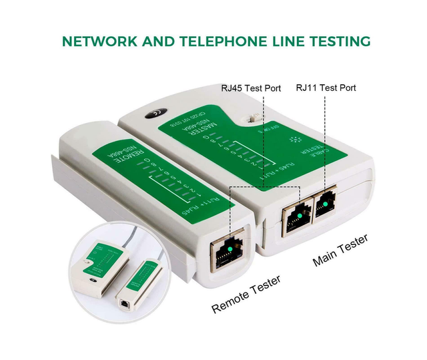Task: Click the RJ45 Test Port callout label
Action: (251, 88)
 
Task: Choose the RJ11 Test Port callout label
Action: (326, 87)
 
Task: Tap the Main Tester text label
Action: (340, 250)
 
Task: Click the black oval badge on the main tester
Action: (156, 114)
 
